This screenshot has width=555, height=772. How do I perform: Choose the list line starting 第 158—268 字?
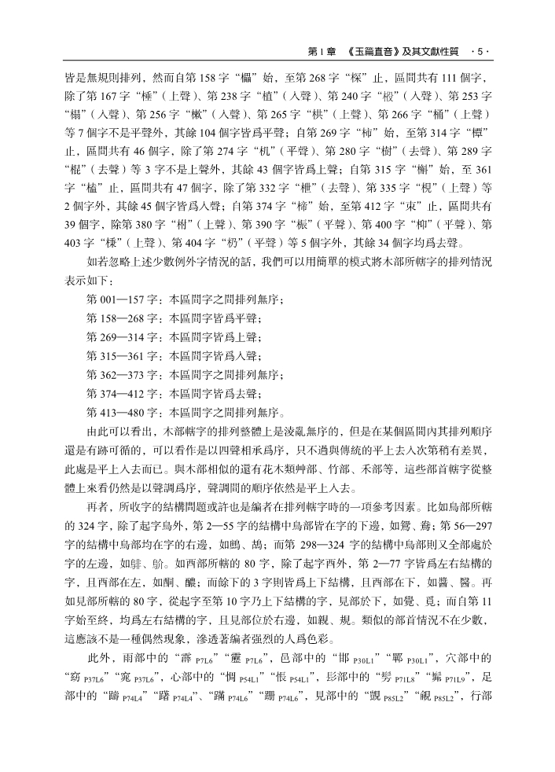174,318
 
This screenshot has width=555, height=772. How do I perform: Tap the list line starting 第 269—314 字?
174,337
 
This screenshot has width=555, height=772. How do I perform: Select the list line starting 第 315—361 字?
174,356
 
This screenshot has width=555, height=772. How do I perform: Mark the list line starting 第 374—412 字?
174,393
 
